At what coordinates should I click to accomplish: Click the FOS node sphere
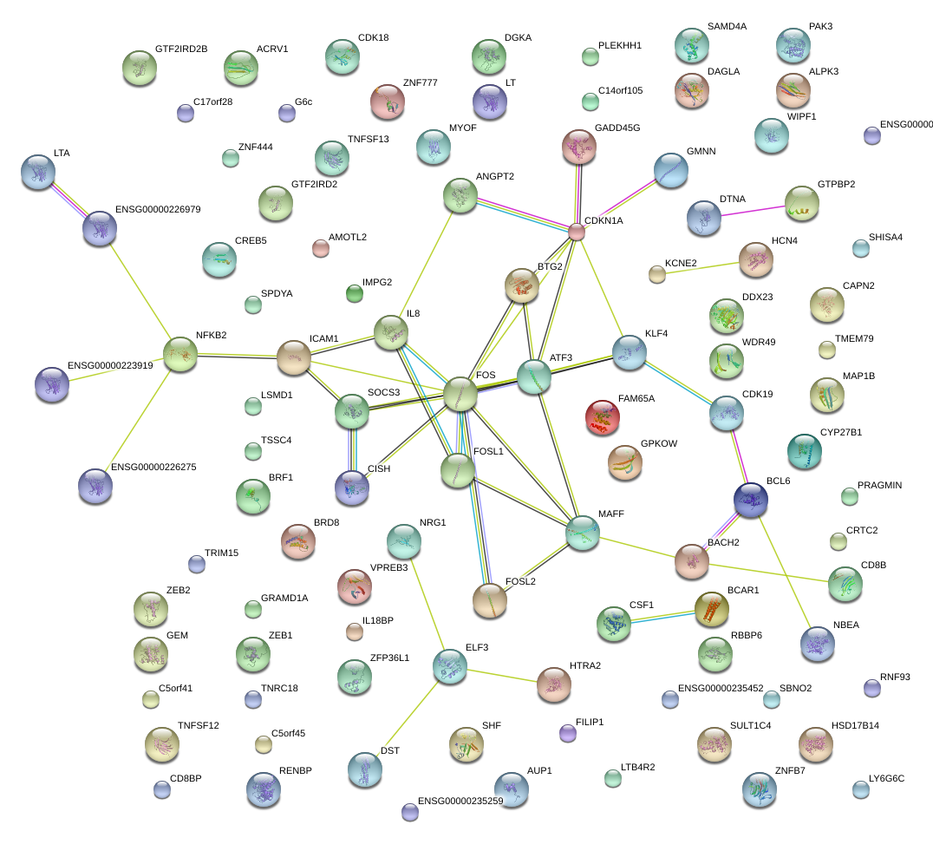pos(460,394)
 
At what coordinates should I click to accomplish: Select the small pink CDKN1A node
pos(577,232)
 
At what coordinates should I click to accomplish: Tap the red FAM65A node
pos(603,416)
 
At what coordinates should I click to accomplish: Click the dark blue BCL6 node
pos(750,499)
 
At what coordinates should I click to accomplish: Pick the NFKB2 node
pos(180,354)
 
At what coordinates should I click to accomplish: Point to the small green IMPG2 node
pos(355,293)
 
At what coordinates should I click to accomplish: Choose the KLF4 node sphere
pos(629,350)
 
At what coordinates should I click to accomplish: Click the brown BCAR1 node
pos(712,609)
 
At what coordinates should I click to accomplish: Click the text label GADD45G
pos(617,128)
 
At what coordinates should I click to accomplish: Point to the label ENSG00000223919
pos(110,365)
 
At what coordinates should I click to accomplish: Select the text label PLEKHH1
pos(619,45)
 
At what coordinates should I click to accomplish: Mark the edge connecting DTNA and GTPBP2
pos(752,211)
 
